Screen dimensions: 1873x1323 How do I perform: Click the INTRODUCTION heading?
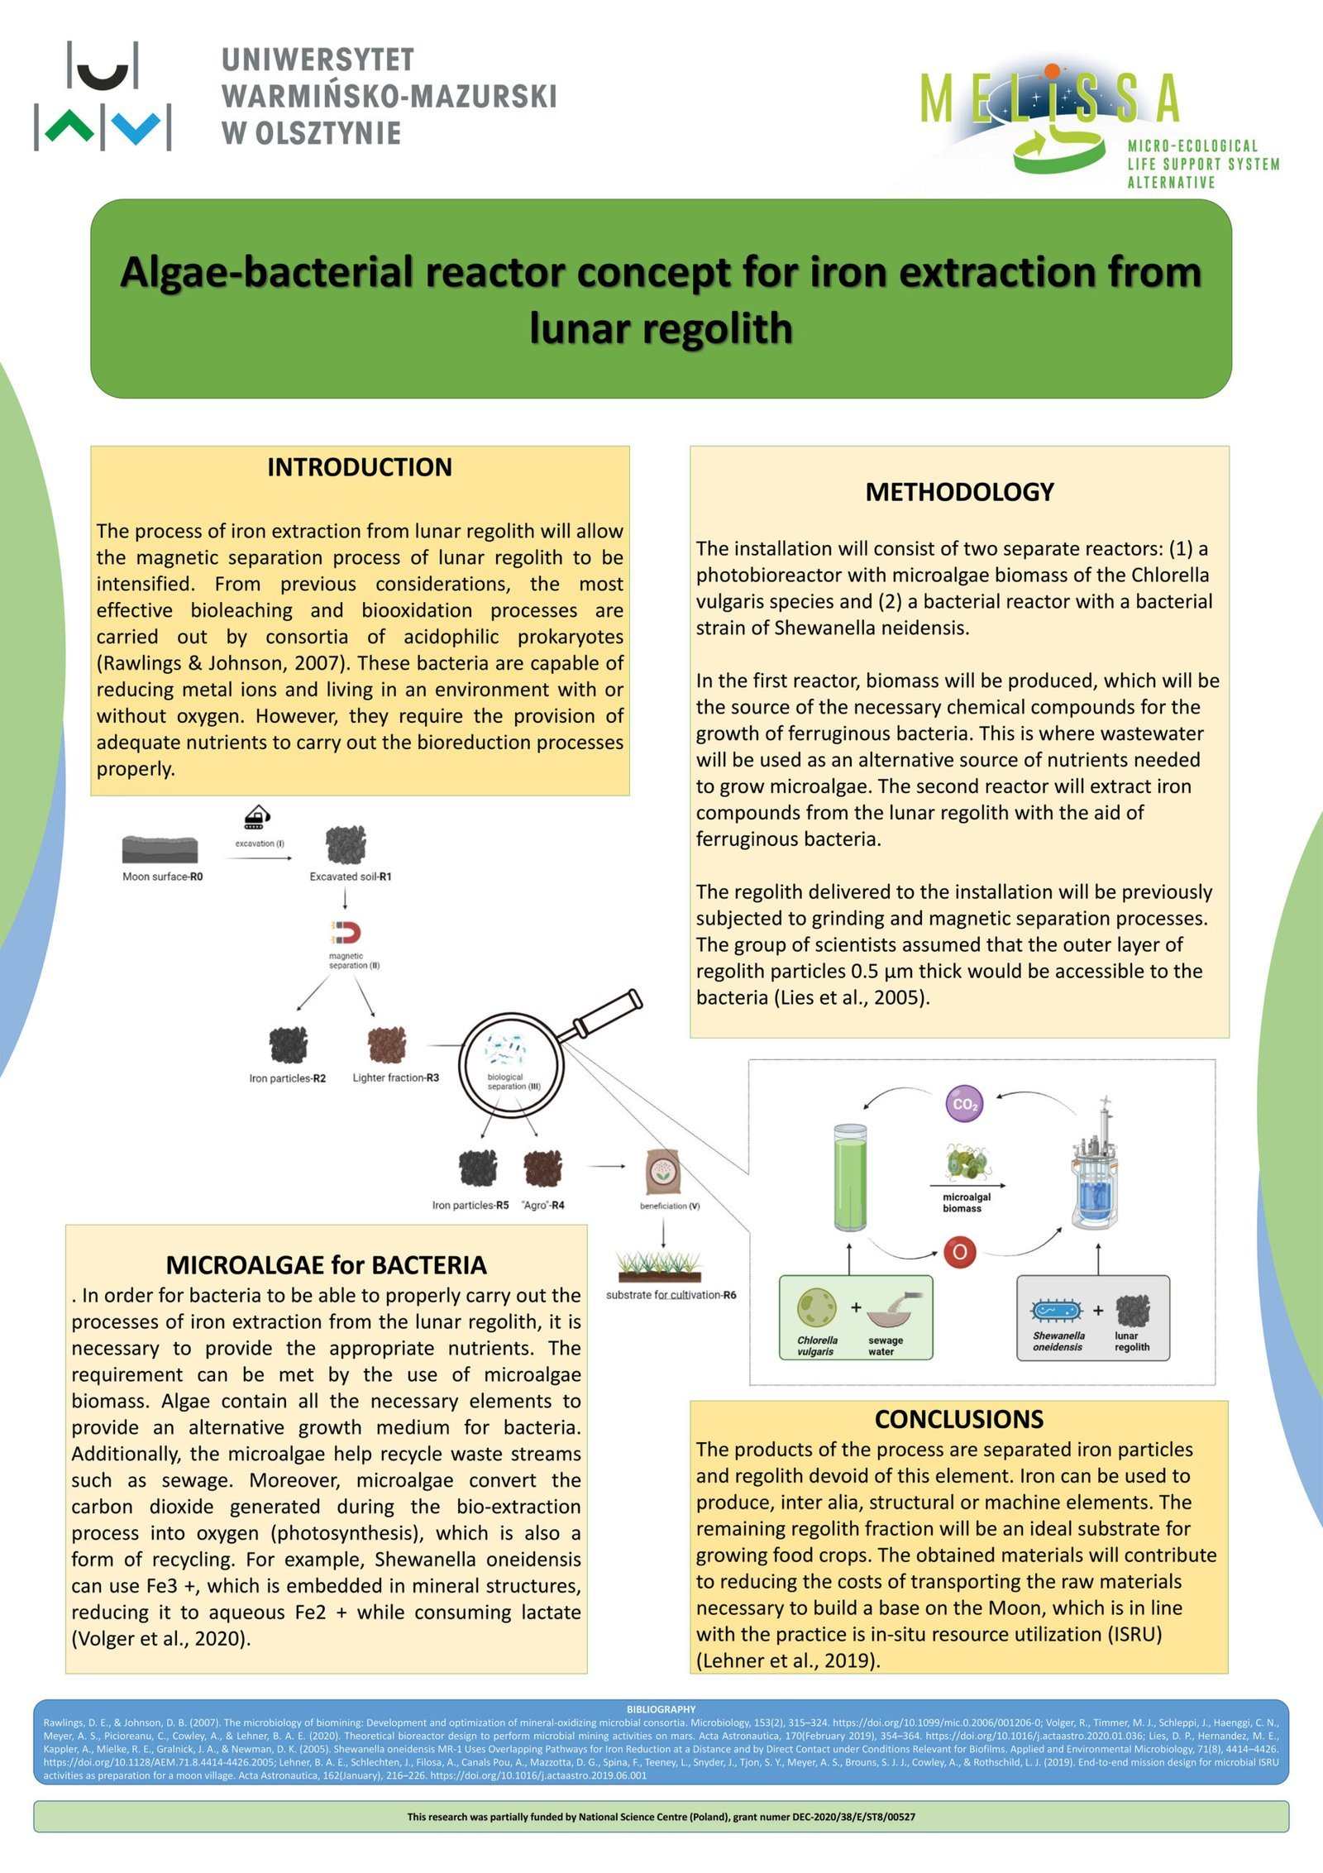coord(359,467)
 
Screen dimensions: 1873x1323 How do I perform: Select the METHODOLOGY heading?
coord(959,492)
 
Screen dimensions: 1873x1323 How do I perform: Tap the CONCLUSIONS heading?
coord(959,1419)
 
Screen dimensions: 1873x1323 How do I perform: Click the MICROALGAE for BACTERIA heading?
coord(326,1264)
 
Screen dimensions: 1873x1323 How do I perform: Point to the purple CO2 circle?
coord(964,1103)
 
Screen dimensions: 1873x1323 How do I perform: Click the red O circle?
coord(960,1252)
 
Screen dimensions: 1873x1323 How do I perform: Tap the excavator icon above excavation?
coord(258,817)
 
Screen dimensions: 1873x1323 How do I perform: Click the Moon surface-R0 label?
coord(162,877)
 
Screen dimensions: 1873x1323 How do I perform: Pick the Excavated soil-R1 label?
coord(350,877)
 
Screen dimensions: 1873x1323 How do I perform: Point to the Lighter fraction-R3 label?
coord(395,1077)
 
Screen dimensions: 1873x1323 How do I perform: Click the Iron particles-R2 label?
coord(287,1078)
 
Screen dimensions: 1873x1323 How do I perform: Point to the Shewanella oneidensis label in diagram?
coord(1058,1341)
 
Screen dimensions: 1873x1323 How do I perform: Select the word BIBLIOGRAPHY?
coord(661,1709)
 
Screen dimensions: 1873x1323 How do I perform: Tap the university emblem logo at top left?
coord(103,96)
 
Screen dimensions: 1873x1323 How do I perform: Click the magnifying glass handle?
coord(607,1013)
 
